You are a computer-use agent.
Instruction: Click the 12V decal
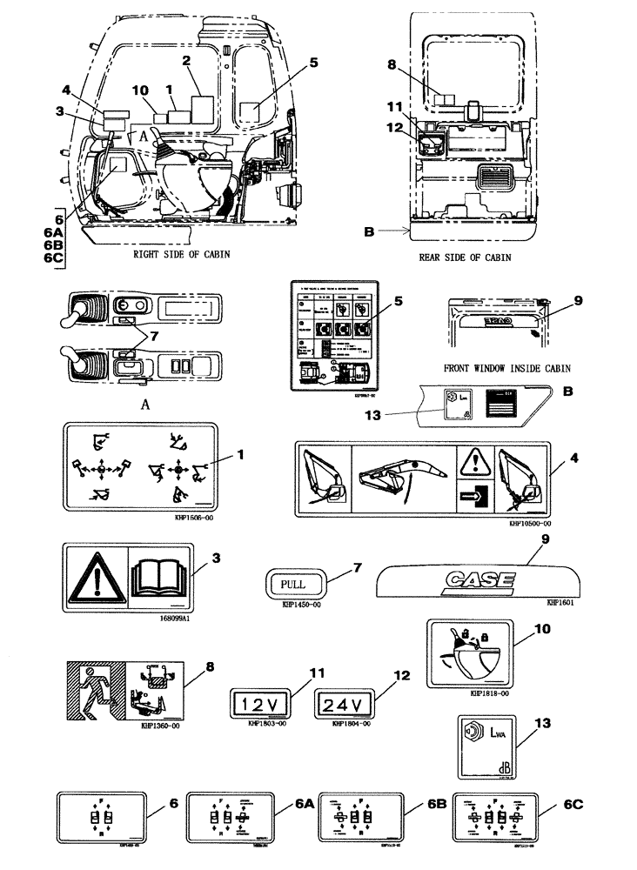point(259,702)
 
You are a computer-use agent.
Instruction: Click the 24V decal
point(343,702)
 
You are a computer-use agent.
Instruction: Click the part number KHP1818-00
point(488,694)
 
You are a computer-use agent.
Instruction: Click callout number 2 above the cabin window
point(186,61)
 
